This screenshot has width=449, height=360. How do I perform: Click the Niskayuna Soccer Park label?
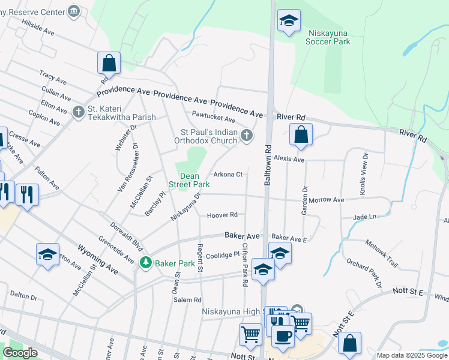click(328, 37)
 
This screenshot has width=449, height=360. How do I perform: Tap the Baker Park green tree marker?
click(145, 263)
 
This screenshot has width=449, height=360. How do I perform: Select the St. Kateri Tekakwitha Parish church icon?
click(78, 112)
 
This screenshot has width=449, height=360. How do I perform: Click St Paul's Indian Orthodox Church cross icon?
click(246, 136)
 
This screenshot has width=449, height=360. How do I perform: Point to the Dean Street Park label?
click(190, 180)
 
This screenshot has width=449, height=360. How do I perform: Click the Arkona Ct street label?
click(228, 175)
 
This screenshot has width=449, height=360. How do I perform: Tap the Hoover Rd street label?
click(222, 215)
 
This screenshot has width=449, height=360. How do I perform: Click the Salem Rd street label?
click(187, 299)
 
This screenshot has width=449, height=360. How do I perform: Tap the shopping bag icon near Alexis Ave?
click(300, 135)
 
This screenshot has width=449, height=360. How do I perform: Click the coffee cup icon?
click(281, 335)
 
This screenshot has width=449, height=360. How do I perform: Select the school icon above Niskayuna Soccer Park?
click(289, 21)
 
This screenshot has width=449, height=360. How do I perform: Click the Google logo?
click(20, 353)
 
